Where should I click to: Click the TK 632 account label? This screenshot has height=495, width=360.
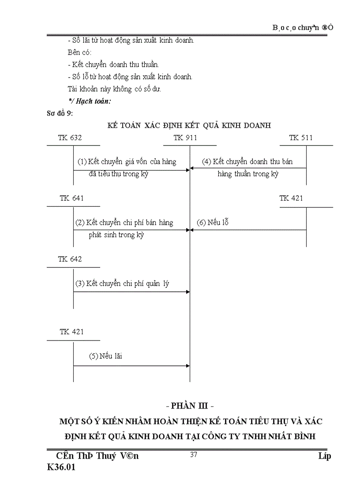coord(70,138)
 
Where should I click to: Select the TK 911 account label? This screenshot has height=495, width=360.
coord(186,138)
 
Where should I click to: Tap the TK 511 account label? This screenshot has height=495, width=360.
coord(301,138)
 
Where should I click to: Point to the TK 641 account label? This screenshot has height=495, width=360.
coord(71,198)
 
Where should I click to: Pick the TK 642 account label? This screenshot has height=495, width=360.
coord(70,259)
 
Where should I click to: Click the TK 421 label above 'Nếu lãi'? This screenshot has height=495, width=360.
coord(71,332)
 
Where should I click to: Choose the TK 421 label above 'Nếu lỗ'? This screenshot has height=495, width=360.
coord(291,198)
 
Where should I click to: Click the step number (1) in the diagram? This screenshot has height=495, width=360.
coord(82,162)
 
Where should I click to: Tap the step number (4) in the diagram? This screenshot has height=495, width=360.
coord(206,162)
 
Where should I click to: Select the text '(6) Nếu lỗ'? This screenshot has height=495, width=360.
coord(212,223)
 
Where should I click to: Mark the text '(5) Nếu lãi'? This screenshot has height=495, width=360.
coord(105,356)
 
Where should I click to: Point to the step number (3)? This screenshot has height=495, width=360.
coord(80,283)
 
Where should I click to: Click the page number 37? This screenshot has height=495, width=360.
coord(193,455)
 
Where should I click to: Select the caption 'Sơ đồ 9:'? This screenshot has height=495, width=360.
coord(60,113)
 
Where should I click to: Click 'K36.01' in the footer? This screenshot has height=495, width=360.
coord(61,468)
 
